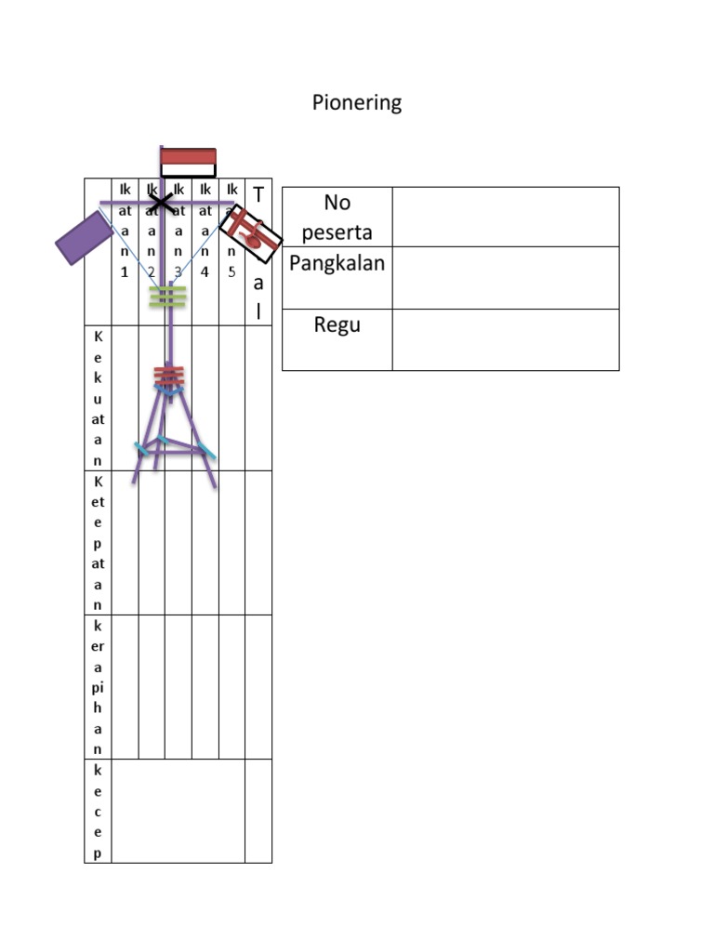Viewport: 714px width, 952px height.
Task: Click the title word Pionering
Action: point(357,102)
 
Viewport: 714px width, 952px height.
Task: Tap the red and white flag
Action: point(188,162)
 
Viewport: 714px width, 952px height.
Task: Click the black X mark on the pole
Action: point(161,201)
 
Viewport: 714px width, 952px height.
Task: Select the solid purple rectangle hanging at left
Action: point(85,237)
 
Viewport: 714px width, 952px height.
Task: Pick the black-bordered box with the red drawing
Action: point(250,232)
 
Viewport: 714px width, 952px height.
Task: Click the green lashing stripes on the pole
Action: point(168,297)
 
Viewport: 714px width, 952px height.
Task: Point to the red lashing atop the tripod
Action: point(169,376)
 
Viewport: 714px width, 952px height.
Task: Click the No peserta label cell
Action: point(337,216)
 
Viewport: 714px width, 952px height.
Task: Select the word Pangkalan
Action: point(337,263)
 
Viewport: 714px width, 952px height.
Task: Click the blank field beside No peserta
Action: point(505,217)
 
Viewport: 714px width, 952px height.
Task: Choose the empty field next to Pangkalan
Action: point(505,277)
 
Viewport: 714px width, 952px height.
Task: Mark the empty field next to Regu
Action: point(505,339)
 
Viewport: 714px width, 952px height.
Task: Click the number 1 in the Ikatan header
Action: point(125,272)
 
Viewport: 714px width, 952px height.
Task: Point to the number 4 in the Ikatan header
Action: point(205,272)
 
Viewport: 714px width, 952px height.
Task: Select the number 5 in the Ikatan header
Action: point(231,272)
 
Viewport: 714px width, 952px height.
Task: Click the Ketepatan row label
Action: point(98,542)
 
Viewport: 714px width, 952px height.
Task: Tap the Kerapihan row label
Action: point(98,686)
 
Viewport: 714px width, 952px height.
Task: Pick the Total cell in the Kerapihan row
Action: point(258,686)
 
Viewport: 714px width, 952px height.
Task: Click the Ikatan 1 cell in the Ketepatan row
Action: point(125,542)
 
